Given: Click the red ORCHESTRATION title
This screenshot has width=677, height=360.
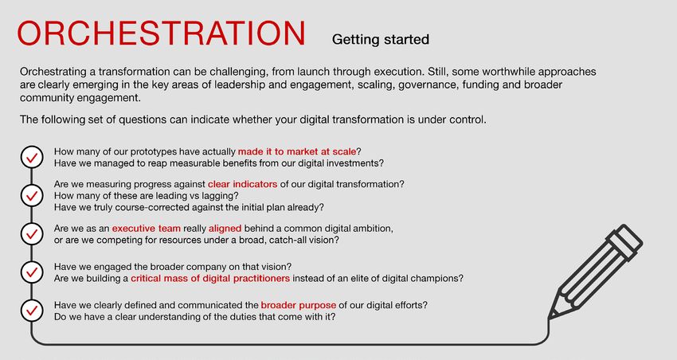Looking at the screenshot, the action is [x=161, y=33].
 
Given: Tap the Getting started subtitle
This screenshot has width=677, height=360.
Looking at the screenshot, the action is [x=381, y=39].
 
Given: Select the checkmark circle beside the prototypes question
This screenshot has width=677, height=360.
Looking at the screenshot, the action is [x=32, y=157].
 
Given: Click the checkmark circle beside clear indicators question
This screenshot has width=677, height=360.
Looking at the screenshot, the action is [x=32, y=196].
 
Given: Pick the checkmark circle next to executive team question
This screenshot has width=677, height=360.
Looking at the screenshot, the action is [x=32, y=233].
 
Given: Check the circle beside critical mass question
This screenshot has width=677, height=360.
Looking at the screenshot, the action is [x=32, y=272].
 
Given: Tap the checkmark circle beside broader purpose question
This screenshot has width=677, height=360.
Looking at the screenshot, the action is [x=32, y=311].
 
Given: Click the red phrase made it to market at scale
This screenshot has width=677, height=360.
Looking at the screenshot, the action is [x=297, y=151].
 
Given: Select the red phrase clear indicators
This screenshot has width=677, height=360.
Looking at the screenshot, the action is [x=243, y=184].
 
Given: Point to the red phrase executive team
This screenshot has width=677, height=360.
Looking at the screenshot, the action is [x=147, y=229].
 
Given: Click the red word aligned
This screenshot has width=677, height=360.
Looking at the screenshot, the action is [x=225, y=229].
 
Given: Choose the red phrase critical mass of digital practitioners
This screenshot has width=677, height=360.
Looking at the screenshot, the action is [x=210, y=279].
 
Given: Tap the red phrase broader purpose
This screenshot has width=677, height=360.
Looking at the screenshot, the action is [x=299, y=305].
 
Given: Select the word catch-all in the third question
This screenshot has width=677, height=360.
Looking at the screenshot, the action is [x=289, y=240].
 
